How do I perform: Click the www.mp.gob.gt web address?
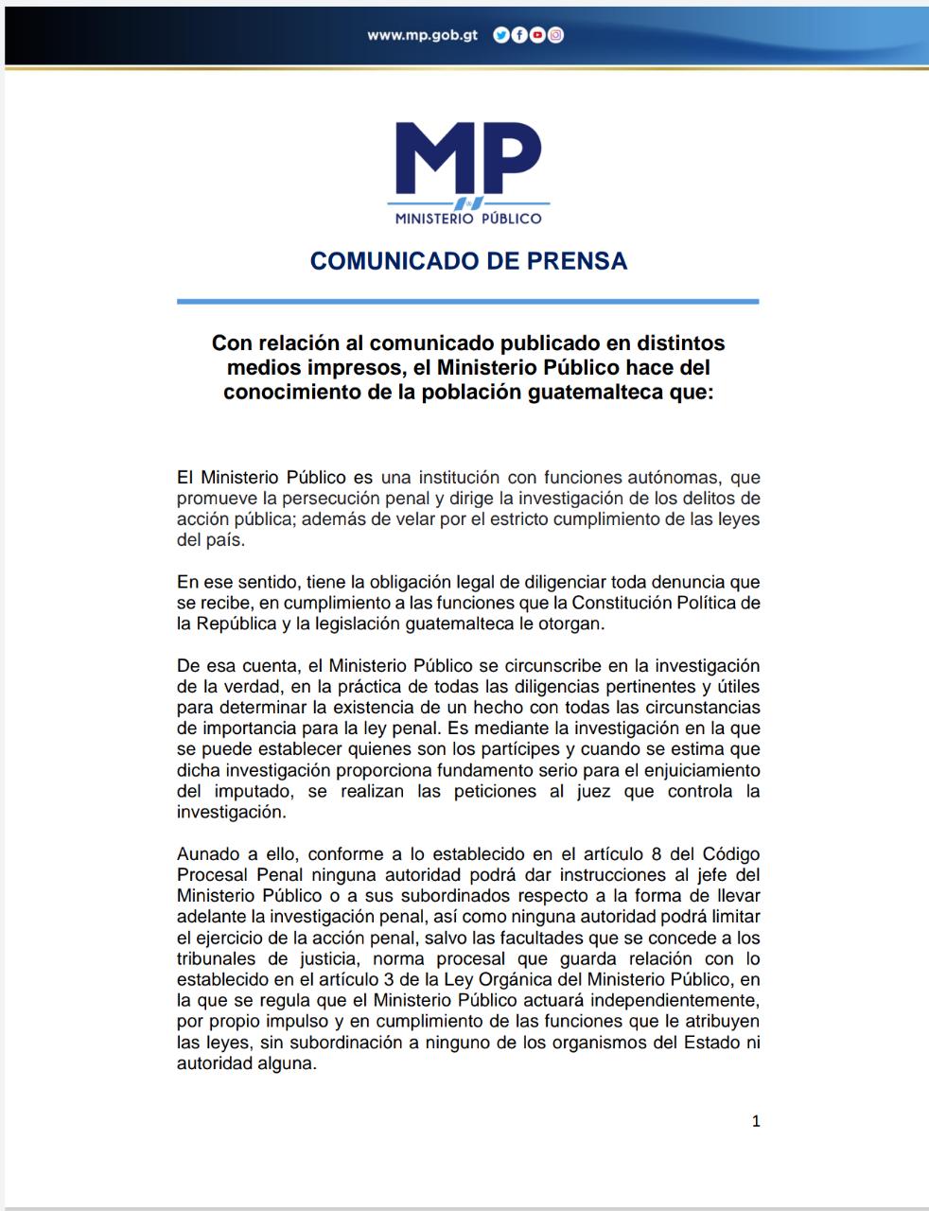coord(422,35)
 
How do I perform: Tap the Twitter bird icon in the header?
coord(501,35)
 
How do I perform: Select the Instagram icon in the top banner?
coord(556,35)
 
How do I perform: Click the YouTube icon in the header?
coord(537,35)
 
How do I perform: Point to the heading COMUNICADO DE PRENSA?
coord(468,261)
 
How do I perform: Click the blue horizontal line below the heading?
coord(467,302)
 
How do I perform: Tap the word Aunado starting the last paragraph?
coord(208,853)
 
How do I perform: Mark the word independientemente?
coord(658,1000)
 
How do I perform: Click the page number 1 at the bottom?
coord(756,1121)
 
